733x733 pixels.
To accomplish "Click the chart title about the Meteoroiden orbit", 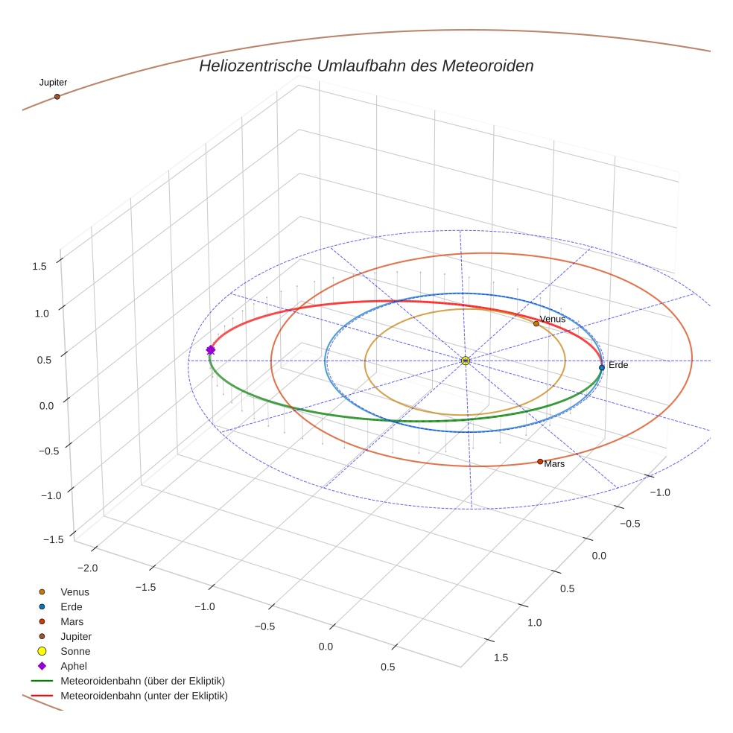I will [x=366, y=66].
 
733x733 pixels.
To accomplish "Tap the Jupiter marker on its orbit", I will [x=57, y=97].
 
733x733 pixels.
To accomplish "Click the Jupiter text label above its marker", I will [x=53, y=83].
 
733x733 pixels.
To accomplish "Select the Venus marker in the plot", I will [x=536, y=323].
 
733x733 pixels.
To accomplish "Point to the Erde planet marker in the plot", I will [x=602, y=367].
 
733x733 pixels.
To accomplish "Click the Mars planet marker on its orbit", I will [x=540, y=462].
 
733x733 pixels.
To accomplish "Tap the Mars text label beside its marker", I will [x=554, y=464].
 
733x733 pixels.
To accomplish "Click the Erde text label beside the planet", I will [x=618, y=366].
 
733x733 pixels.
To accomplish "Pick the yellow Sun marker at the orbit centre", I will [x=466, y=361].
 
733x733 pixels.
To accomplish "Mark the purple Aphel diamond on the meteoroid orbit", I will [x=211, y=349].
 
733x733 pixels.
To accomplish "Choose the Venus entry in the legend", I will [x=74, y=592].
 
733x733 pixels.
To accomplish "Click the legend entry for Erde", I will [x=72, y=607].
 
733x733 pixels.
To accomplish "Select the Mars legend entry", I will [x=72, y=622].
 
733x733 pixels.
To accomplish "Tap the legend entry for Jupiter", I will [x=76, y=637].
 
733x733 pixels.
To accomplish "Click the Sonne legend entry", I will [x=75, y=652].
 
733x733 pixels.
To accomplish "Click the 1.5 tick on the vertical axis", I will [x=40, y=266].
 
